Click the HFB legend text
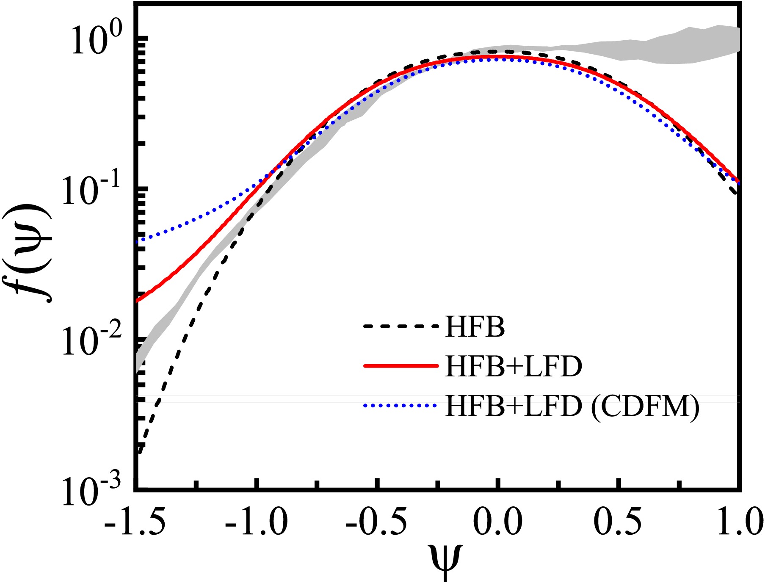pos(475,327)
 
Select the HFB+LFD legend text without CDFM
pos(514,366)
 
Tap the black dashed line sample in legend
pos(400,326)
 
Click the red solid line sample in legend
pos(400,366)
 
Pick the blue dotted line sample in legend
pos(400,406)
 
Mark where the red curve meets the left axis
pos(137,301)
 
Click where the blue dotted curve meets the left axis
pos(137,242)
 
